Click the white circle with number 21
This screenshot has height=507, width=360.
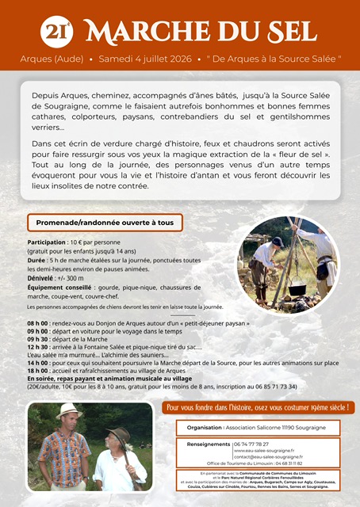pos(56,31)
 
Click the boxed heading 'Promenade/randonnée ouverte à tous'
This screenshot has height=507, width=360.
pos(105,223)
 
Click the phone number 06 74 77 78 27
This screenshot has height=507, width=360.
pos(251,444)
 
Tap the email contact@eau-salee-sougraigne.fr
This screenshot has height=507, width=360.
pos(269,457)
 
